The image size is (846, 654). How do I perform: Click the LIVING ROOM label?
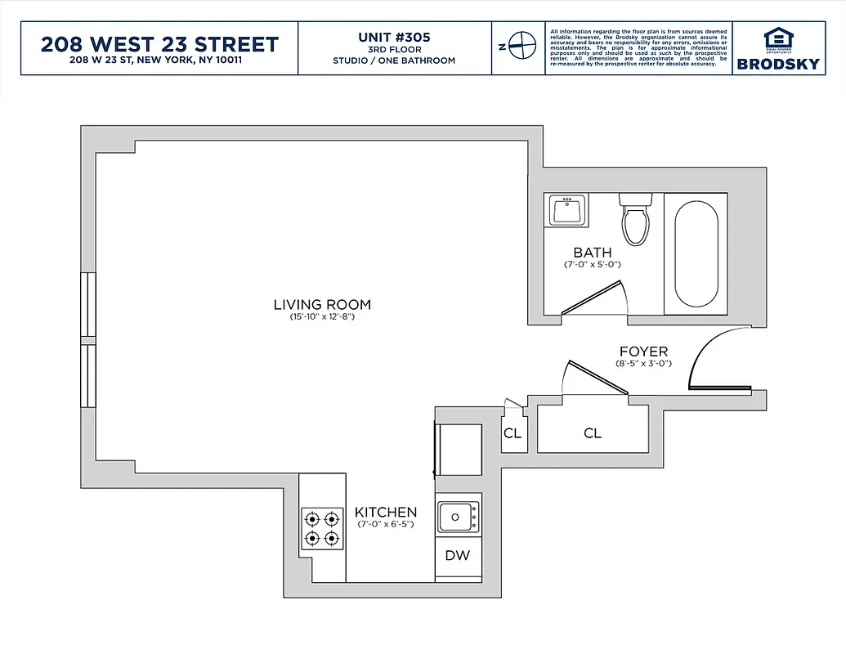pyautogui.click(x=322, y=305)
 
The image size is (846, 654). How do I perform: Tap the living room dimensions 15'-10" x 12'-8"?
pyautogui.click(x=322, y=317)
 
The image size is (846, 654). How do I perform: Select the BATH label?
pyautogui.click(x=592, y=253)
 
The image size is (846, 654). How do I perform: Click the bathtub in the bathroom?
pyautogui.click(x=696, y=253)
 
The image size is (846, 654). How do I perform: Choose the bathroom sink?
pyautogui.click(x=566, y=211)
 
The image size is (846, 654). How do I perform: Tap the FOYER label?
pyautogui.click(x=642, y=352)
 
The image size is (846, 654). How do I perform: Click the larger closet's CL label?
pyautogui.click(x=593, y=433)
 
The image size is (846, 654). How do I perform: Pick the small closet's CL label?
pyautogui.click(x=513, y=433)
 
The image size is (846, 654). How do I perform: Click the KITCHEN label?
pyautogui.click(x=386, y=513)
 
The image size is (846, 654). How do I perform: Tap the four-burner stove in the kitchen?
pyautogui.click(x=321, y=528)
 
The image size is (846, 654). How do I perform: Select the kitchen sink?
pyautogui.click(x=458, y=517)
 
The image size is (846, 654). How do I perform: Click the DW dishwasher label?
pyautogui.click(x=458, y=556)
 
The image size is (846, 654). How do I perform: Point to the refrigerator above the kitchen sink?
pyautogui.click(x=458, y=450)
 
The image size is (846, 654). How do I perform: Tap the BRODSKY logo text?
pyautogui.click(x=778, y=64)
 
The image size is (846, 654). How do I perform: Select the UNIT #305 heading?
pyautogui.click(x=394, y=38)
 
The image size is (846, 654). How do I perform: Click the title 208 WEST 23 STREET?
pyautogui.click(x=159, y=44)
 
